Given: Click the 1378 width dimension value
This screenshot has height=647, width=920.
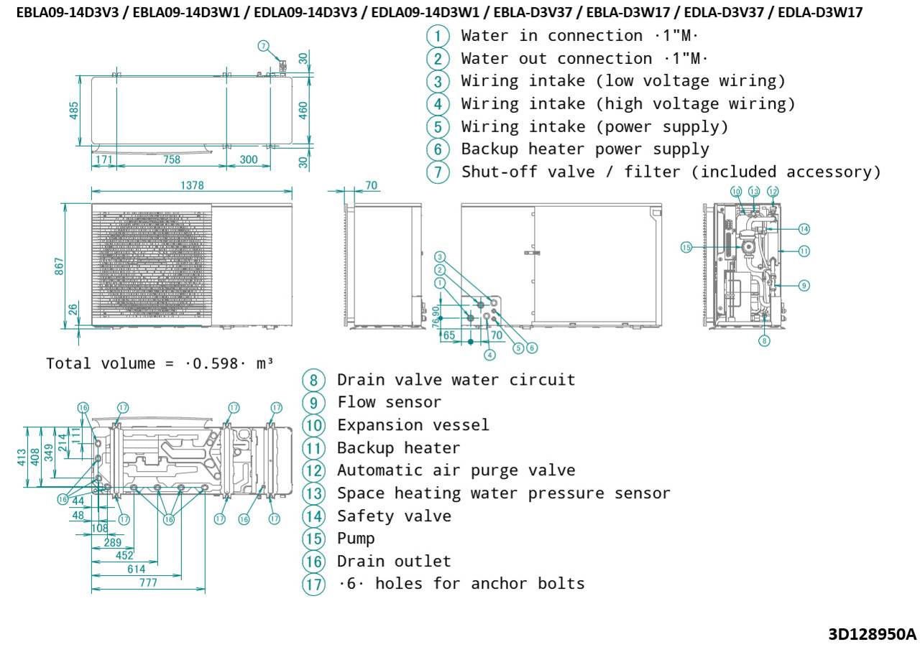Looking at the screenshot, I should click(192, 185).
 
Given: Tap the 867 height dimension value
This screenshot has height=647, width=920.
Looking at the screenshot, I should click(60, 265).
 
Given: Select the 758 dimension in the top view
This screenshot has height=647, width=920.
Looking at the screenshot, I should click(171, 159).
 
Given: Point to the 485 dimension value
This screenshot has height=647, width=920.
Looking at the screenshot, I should click(74, 111).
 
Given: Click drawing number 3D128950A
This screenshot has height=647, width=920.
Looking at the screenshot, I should click(872, 634).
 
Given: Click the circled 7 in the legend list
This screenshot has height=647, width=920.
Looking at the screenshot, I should click(438, 172).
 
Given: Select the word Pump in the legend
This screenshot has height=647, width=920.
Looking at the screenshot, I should click(356, 539).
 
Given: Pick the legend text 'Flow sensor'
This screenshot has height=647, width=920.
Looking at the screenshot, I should click(389, 402).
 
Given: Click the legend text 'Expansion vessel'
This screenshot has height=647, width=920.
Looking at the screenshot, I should click(413, 425).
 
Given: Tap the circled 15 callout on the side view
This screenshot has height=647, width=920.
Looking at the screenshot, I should click(686, 247).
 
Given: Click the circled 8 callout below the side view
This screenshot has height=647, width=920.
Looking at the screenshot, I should click(764, 340).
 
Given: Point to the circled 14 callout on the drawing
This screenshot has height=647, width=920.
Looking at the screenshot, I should click(804, 229).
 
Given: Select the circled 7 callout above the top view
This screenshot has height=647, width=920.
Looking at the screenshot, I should click(264, 46).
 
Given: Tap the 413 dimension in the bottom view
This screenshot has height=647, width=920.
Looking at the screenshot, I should click(22, 457).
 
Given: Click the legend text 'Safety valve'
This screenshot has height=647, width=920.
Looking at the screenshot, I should click(394, 516).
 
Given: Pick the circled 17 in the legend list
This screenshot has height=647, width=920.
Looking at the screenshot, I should click(313, 584).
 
